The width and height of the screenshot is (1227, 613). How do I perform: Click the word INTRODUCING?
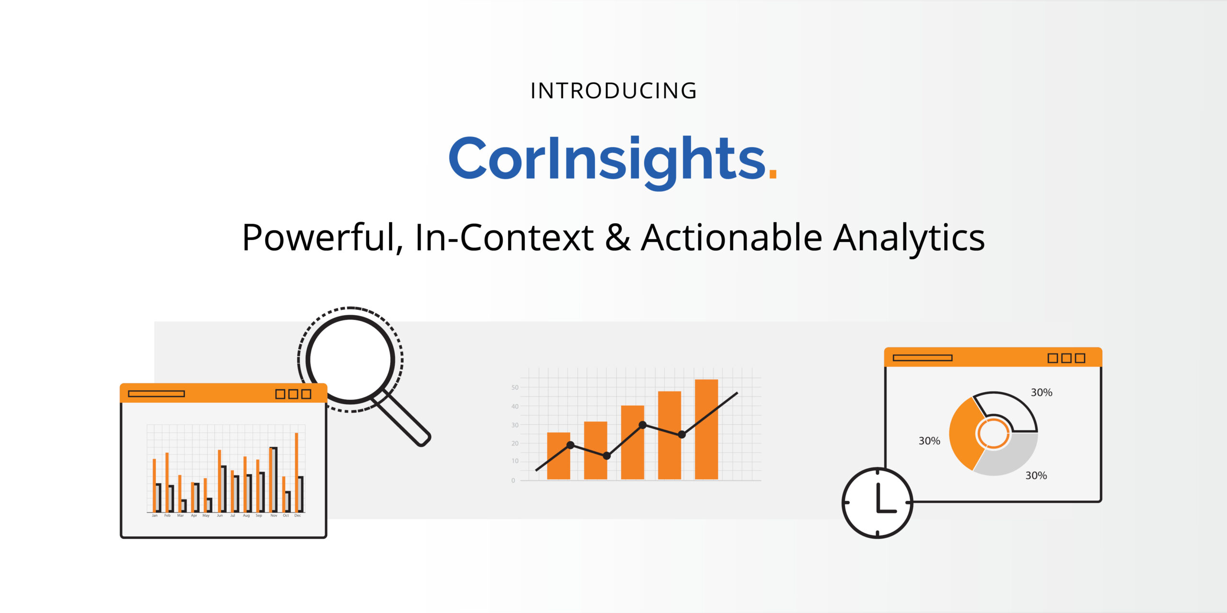[613, 91]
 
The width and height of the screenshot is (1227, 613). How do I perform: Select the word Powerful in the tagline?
[318, 238]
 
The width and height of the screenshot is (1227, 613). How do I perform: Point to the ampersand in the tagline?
[617, 238]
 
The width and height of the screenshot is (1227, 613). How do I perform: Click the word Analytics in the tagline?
[909, 238]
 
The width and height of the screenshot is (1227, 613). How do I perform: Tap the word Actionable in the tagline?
[731, 238]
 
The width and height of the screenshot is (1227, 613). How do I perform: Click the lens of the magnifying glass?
[351, 359]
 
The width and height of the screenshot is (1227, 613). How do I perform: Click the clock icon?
[878, 503]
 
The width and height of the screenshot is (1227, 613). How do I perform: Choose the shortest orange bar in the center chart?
[558, 455]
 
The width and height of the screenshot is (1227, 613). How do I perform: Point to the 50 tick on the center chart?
[515, 387]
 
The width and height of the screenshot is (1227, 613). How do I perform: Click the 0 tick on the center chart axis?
[513, 480]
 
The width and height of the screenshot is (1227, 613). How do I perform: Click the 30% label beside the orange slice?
[929, 441]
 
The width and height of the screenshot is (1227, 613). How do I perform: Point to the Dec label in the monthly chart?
[298, 516]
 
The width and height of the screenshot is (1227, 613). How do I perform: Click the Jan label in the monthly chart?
[154, 516]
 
